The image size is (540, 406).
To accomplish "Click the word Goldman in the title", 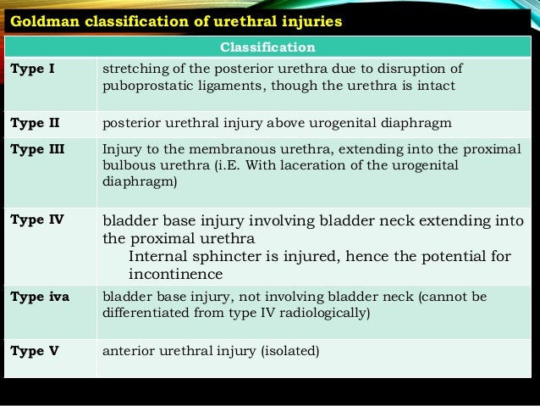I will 41,19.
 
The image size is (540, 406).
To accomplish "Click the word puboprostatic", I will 140,86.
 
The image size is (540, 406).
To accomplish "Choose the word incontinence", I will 175,275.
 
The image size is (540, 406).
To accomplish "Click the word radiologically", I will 326,313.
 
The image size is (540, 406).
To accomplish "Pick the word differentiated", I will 141,313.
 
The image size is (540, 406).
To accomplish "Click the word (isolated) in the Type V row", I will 289,349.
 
